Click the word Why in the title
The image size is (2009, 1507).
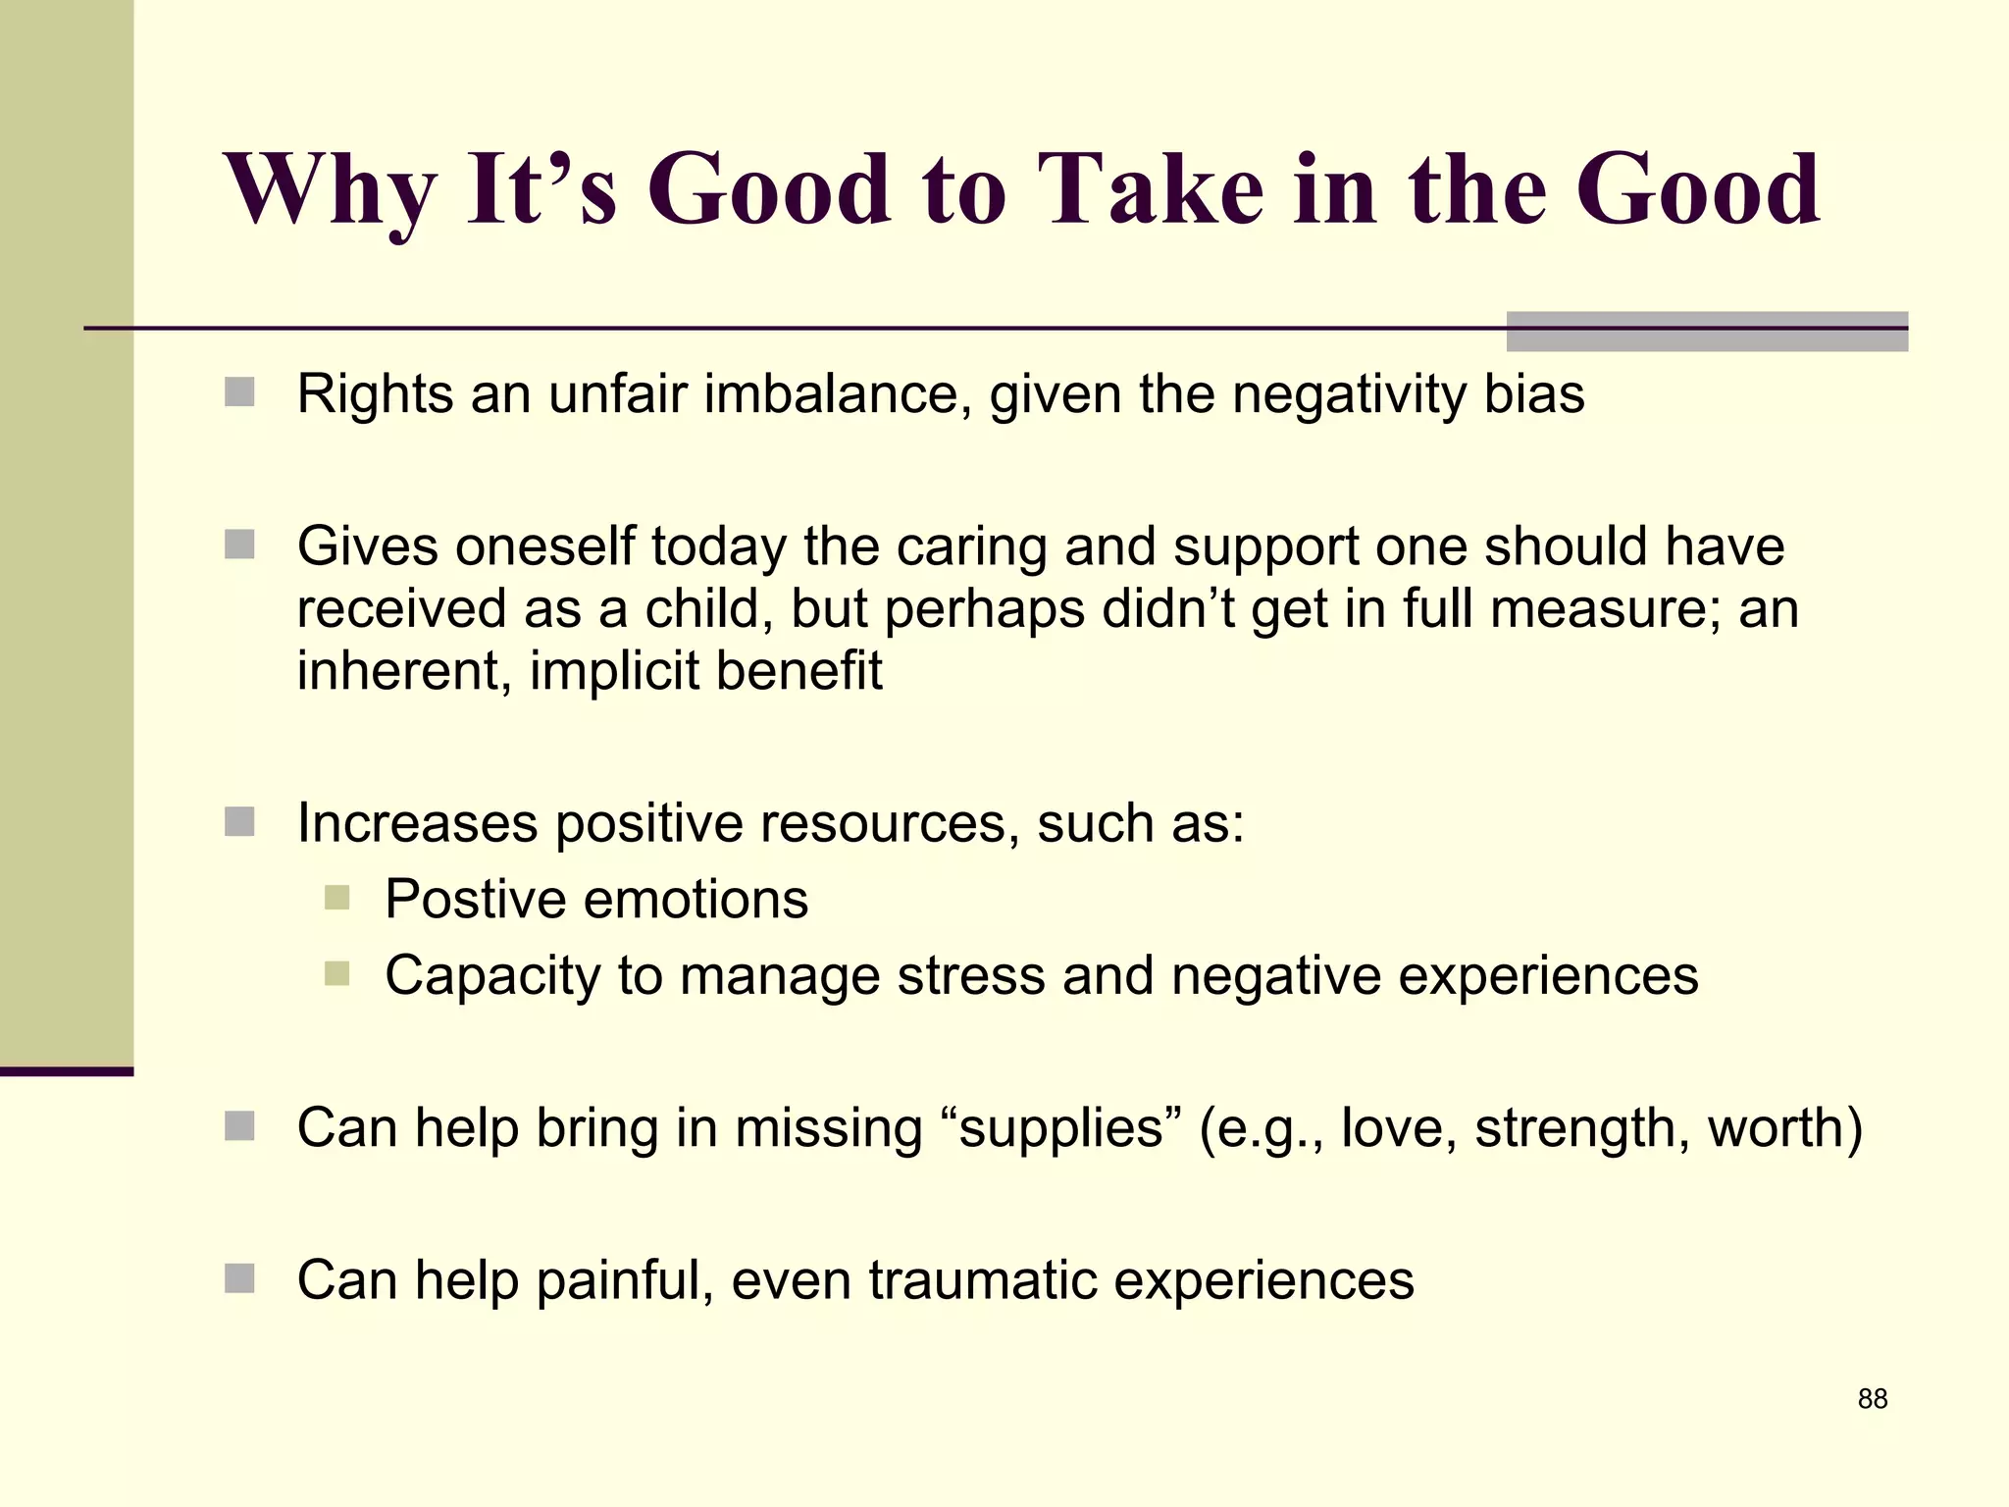(x=330, y=191)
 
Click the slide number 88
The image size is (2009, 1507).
(x=1872, y=1399)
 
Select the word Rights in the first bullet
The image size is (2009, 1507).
(x=374, y=394)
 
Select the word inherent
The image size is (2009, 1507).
(x=403, y=672)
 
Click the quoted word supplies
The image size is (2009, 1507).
(x=1059, y=1128)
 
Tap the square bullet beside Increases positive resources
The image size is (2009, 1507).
(x=239, y=821)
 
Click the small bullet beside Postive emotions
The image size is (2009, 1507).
(x=336, y=898)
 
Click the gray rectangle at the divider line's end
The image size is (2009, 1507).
(x=1706, y=332)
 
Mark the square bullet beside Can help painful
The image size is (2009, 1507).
(x=239, y=1278)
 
